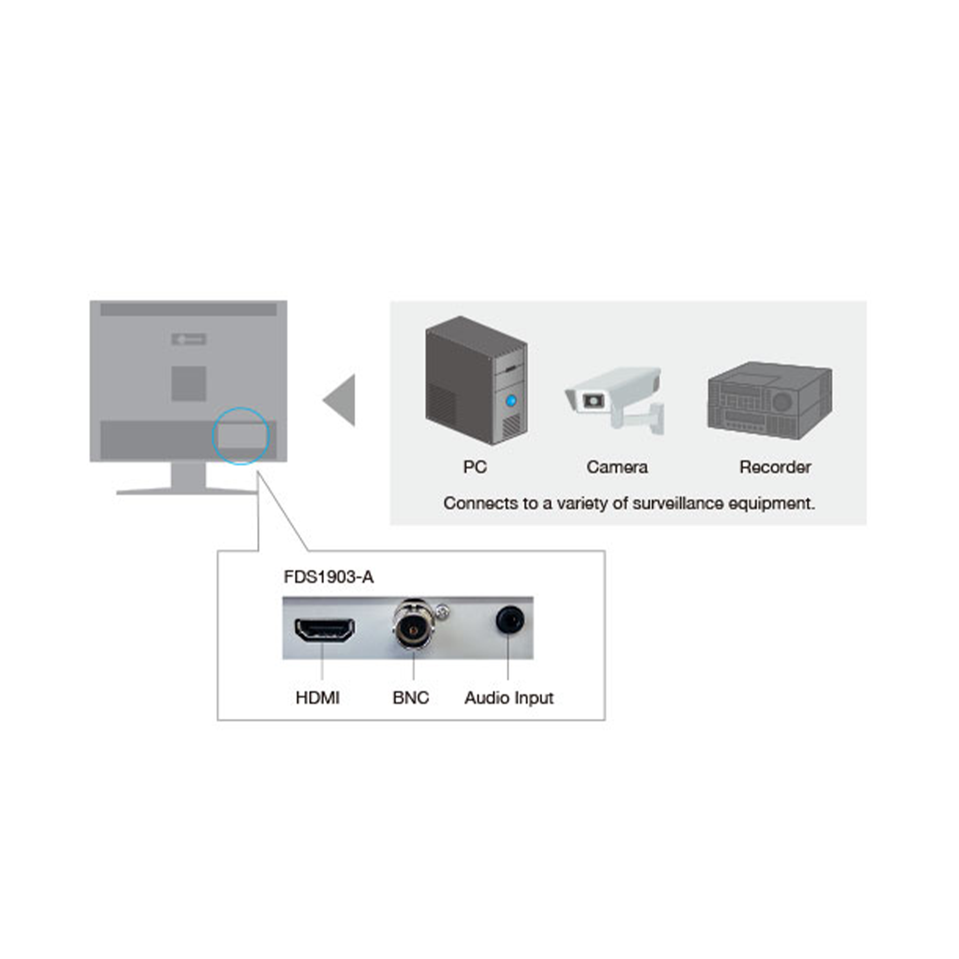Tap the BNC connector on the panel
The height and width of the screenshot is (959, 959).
413,630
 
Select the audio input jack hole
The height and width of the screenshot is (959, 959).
509,620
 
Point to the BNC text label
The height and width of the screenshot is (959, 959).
410,698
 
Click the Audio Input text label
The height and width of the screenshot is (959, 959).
509,698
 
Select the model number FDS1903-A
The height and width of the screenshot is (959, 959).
328,577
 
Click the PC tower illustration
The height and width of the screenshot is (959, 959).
476,381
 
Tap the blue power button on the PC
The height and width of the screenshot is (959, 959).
511,399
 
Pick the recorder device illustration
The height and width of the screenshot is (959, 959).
770,400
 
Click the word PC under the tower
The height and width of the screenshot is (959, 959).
475,467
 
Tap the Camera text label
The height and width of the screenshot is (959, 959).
617,467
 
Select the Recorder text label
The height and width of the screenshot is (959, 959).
775,467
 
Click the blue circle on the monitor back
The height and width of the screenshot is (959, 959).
241,436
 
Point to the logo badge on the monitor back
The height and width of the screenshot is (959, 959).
188,339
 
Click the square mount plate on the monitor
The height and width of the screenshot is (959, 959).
188,384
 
